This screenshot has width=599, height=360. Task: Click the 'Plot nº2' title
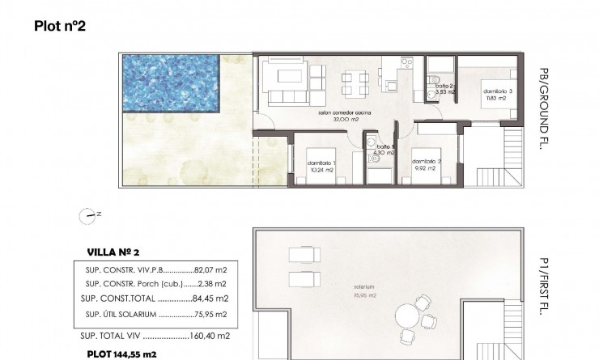point(60,26)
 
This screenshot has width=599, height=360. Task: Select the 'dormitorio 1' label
point(322,163)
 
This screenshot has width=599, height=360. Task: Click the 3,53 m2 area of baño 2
point(446,93)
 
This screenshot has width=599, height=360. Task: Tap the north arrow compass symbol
point(89,215)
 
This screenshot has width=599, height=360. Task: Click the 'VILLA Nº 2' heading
point(114,252)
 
